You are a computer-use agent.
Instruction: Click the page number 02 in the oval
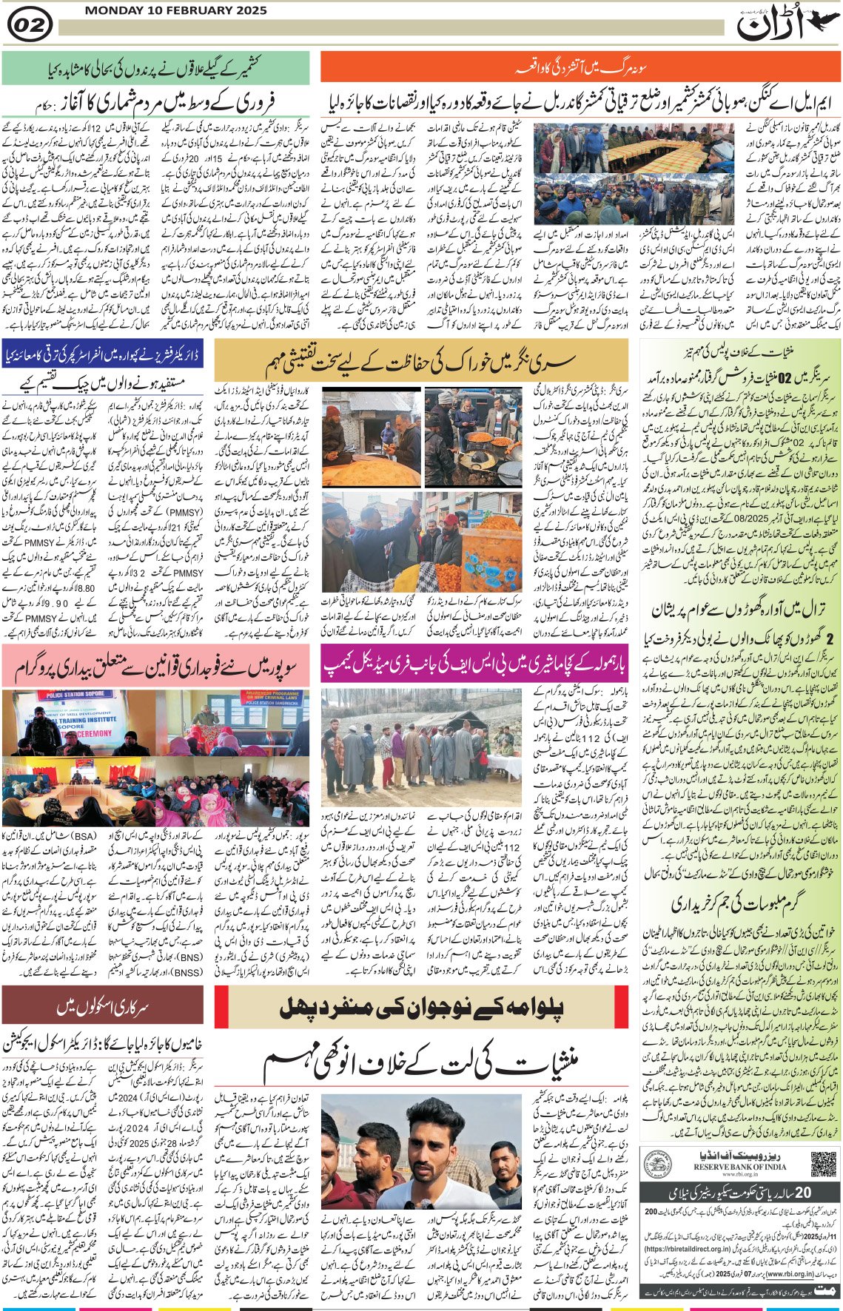click(x=30, y=26)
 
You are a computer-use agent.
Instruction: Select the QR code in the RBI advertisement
click(x=823, y=1163)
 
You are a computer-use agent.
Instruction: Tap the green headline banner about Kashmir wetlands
click(x=155, y=68)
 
